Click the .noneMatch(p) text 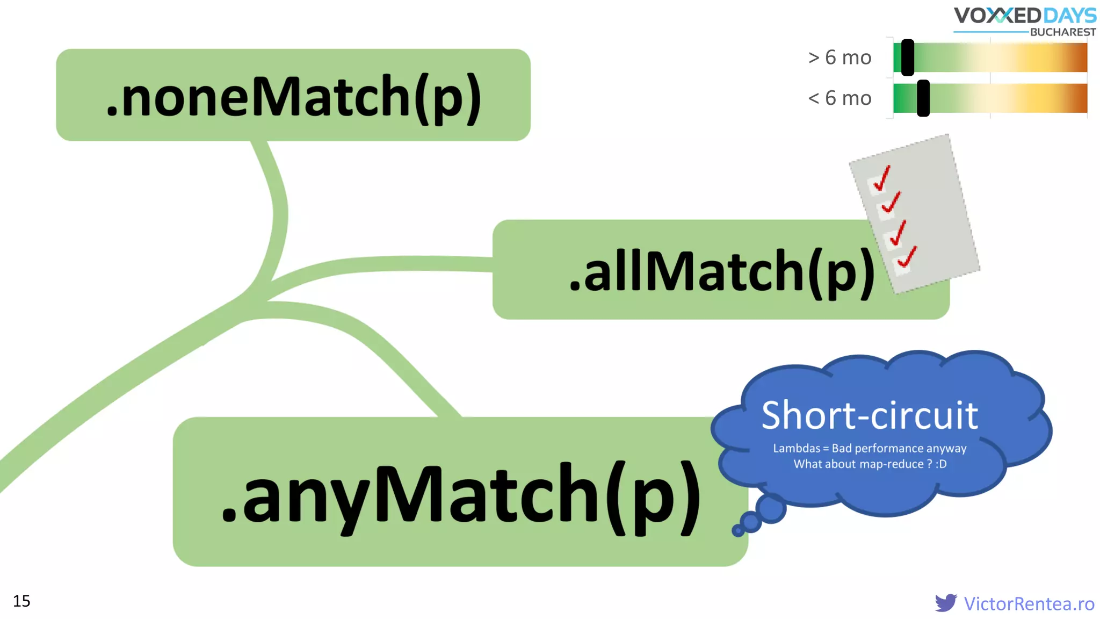293,97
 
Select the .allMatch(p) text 721,272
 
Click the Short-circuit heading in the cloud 870,415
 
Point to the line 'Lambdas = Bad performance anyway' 870,448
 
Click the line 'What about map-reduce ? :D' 870,464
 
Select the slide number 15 21,601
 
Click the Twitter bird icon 945,603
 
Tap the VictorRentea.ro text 1029,603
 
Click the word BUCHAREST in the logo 1062,32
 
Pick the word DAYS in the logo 1069,15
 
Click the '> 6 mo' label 840,57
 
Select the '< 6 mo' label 840,98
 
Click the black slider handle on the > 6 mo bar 908,57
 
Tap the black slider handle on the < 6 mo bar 923,98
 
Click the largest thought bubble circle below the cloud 771,508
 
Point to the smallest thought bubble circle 738,531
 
